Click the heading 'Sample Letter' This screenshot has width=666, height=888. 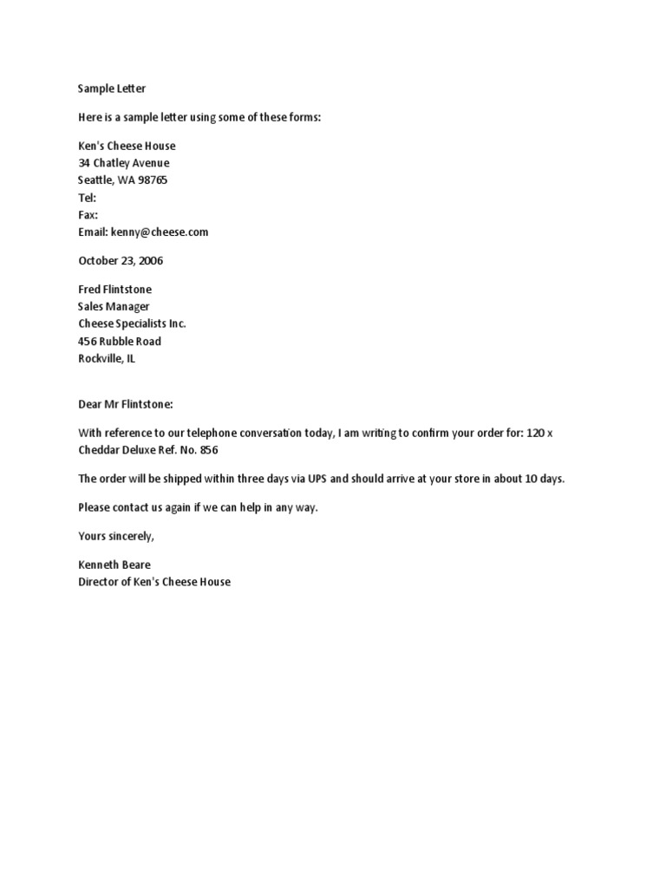[x=112, y=88]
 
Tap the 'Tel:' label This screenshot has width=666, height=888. [x=88, y=198]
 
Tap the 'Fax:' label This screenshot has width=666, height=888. [x=88, y=215]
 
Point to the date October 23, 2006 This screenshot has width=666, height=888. [x=121, y=260]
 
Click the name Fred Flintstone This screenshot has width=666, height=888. [x=121, y=289]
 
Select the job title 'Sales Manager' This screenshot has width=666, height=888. [x=114, y=306]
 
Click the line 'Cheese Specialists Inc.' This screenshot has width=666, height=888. [x=132, y=323]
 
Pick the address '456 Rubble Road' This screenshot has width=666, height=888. [x=120, y=341]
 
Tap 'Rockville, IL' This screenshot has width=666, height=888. [x=107, y=358]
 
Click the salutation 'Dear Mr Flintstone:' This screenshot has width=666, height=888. [x=126, y=403]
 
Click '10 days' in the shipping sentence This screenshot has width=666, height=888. [x=544, y=479]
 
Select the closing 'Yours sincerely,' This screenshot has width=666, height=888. [x=116, y=536]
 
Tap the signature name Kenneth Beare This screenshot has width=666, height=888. [x=114, y=565]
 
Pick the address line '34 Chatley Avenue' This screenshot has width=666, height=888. [x=124, y=163]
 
